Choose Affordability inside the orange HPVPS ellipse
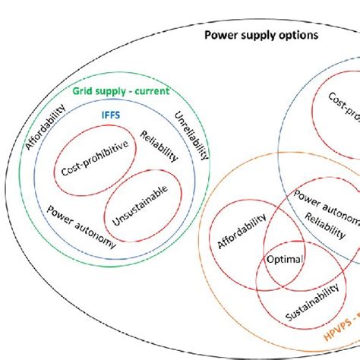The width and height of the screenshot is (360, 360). (242, 232)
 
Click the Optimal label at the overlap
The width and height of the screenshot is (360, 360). (284, 259)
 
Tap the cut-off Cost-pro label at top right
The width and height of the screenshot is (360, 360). (343, 107)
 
